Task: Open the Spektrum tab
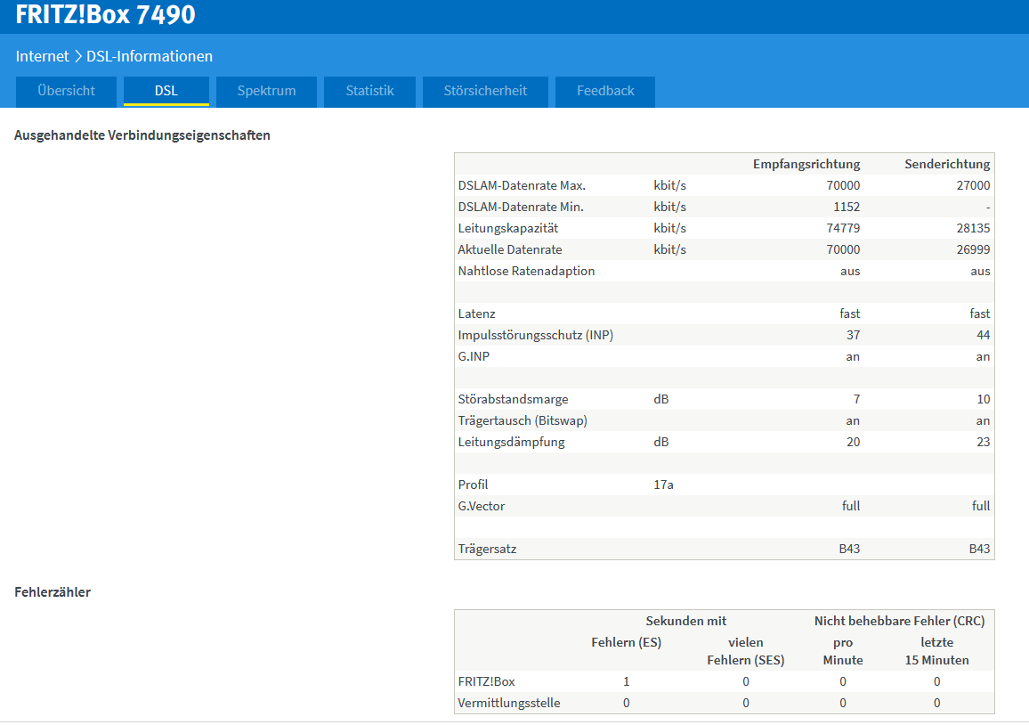(x=266, y=91)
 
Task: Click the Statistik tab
(x=369, y=91)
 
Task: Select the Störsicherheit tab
(x=485, y=91)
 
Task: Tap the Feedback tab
(x=605, y=91)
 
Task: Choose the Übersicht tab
(x=66, y=91)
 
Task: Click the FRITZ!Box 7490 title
(x=106, y=14)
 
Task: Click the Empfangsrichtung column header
(x=806, y=164)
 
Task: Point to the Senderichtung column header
(x=947, y=164)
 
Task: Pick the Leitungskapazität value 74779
(x=843, y=229)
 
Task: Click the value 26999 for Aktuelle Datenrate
(x=973, y=249)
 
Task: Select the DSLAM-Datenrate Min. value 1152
(x=847, y=207)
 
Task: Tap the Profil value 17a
(x=663, y=485)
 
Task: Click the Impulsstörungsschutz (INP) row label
(x=536, y=335)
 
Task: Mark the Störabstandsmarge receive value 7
(x=856, y=399)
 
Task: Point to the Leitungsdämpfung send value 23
(x=983, y=442)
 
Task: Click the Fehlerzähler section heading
(x=53, y=592)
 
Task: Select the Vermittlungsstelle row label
(x=509, y=703)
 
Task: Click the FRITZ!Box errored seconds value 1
(x=626, y=681)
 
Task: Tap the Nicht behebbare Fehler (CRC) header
(x=899, y=622)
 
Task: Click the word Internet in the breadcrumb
(x=42, y=56)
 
